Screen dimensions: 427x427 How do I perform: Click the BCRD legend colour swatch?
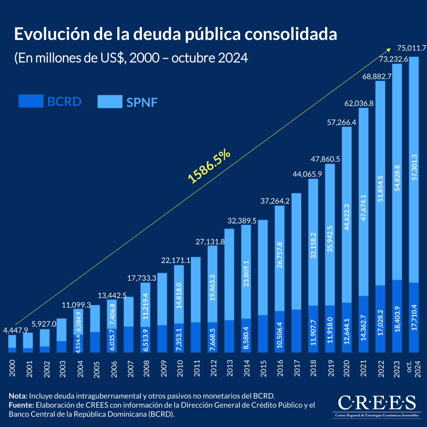coord(31,101)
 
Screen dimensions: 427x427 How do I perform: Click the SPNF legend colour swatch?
coord(110,102)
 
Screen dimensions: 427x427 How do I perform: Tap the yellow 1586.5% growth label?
coord(209,167)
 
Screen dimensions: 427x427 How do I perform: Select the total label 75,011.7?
coord(412,48)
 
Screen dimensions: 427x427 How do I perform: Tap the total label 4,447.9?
coord(16,330)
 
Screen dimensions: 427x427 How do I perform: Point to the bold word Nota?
coord(18,396)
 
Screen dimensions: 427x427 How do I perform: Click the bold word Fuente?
coord(21,405)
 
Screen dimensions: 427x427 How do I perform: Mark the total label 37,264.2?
coord(275,201)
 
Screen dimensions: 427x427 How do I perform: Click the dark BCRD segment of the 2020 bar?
coord(347,327)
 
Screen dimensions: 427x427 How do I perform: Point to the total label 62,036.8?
coord(359,104)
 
